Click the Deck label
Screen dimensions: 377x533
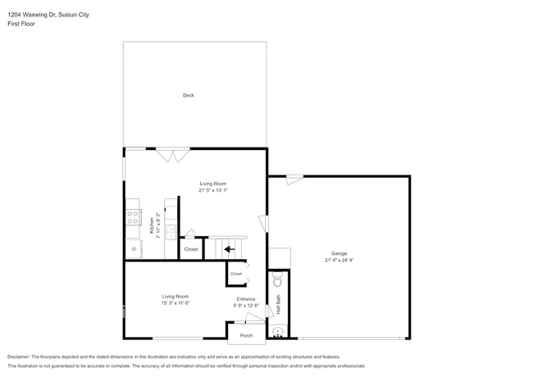coord(189,96)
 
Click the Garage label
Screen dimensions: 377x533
coord(339,253)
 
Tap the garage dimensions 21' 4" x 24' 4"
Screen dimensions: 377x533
coord(339,261)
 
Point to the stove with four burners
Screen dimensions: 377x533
coord(132,218)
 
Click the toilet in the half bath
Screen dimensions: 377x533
coord(277,280)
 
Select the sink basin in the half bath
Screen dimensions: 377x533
coord(278,332)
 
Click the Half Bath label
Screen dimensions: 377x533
coord(278,306)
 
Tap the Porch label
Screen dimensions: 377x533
coord(246,336)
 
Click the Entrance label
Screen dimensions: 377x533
coord(246,299)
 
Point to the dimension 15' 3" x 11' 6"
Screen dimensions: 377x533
coord(175,303)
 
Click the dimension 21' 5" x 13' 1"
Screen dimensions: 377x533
coord(213,190)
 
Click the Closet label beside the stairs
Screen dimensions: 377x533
coord(190,249)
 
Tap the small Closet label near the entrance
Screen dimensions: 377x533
coord(236,274)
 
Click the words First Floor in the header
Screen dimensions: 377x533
coord(22,24)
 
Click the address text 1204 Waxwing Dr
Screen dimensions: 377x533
coord(30,12)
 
